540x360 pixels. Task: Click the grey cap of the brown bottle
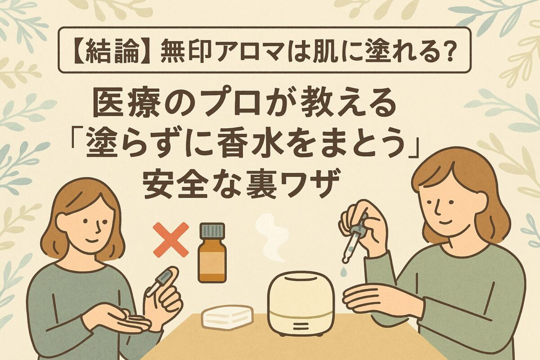(x=212, y=230)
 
